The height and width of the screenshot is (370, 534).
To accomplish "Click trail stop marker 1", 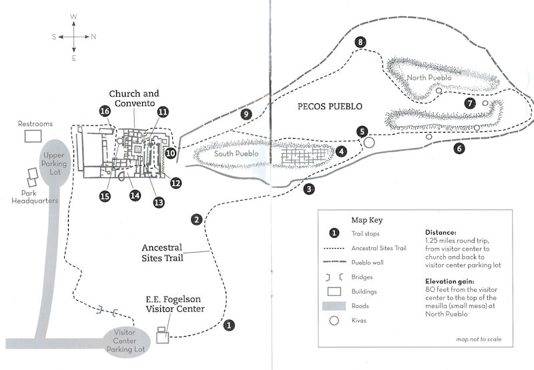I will click(230, 326).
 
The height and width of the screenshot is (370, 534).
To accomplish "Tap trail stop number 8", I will click(361, 43).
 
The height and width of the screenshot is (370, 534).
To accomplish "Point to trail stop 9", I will click(247, 115).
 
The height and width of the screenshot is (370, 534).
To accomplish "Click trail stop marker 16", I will click(105, 111).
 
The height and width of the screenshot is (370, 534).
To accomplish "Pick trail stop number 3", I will click(309, 189).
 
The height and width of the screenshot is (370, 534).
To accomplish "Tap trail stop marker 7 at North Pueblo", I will click(470, 103).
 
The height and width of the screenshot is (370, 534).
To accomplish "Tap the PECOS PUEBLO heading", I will click(330, 107).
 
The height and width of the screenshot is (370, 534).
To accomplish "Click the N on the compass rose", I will click(93, 37).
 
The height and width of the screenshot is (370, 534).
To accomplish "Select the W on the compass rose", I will click(73, 16).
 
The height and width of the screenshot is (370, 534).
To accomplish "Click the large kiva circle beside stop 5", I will click(369, 142).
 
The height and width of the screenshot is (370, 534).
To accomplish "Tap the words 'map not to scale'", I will click(475, 340).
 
